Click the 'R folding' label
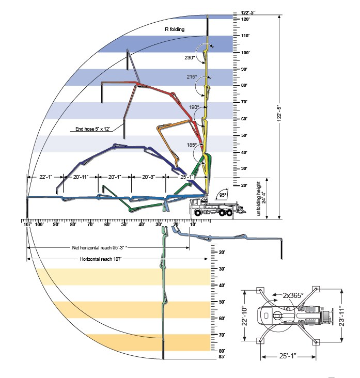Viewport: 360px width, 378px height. pyautogui.click(x=174, y=29)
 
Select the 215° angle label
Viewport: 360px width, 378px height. pyautogui.click(x=192, y=77)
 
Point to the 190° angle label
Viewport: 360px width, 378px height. pyautogui.click(x=194, y=107)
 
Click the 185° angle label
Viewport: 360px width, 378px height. pyautogui.click(x=191, y=145)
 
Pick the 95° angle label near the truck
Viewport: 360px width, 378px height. pyautogui.click(x=223, y=195)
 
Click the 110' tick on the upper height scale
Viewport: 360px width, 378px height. pyautogui.click(x=245, y=36)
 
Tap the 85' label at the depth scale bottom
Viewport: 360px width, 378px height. pyautogui.click(x=222, y=356)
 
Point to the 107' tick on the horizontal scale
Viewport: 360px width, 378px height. pyautogui.click(x=27, y=224)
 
